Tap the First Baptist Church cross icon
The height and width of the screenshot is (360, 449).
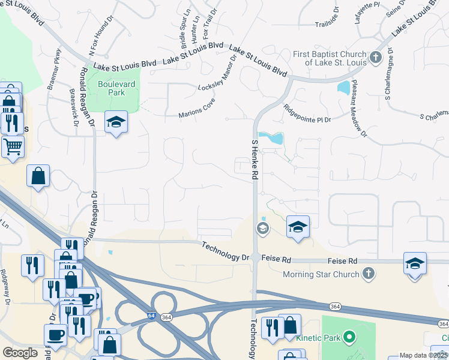pos(376,58)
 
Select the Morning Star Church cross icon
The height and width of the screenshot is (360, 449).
pos(369,274)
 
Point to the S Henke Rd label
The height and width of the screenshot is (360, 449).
pos(255,157)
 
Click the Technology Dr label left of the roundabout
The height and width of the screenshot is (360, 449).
pos(225,251)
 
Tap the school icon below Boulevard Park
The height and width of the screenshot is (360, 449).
pos(116,122)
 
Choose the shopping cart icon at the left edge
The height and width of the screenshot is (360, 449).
pos(13,145)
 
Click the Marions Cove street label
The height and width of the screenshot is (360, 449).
pos(196,110)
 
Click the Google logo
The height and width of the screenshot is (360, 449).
pos(19,353)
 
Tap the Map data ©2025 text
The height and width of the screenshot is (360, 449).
pos(423,355)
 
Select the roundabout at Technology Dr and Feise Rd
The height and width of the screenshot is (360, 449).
pos(256,257)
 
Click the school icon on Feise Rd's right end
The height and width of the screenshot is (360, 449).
pos(415,264)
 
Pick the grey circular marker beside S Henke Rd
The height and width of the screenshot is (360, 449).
pos(262,228)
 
